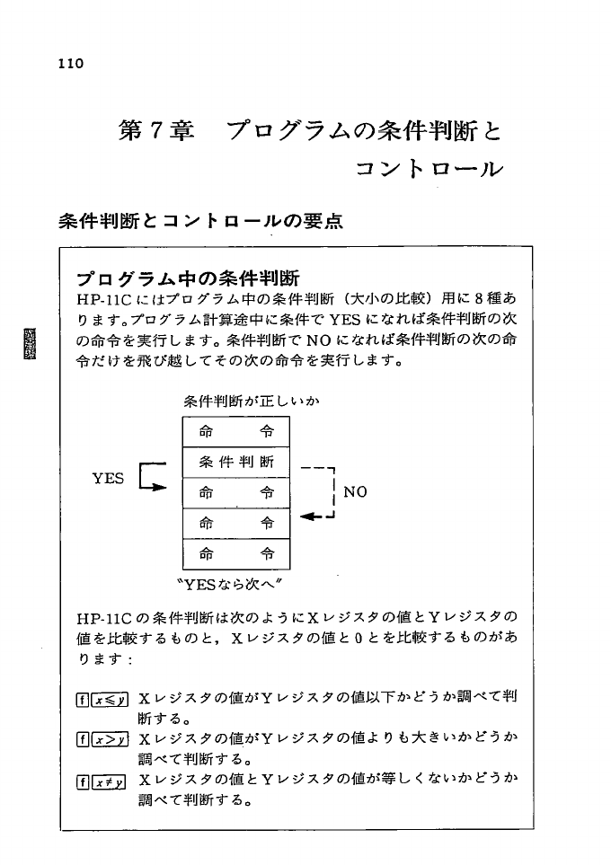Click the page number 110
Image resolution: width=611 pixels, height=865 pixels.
pyautogui.click(x=67, y=64)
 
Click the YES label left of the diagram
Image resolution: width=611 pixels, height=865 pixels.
pyautogui.click(x=109, y=479)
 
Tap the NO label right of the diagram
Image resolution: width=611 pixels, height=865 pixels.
pyautogui.click(x=356, y=492)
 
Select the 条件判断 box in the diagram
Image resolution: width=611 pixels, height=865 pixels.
pyautogui.click(x=236, y=463)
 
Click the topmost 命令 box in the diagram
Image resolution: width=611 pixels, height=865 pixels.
pyautogui.click(x=236, y=432)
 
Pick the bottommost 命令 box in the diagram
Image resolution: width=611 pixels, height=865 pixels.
pyautogui.click(x=236, y=553)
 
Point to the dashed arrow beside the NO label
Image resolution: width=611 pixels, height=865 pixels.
pyautogui.click(x=320, y=494)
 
